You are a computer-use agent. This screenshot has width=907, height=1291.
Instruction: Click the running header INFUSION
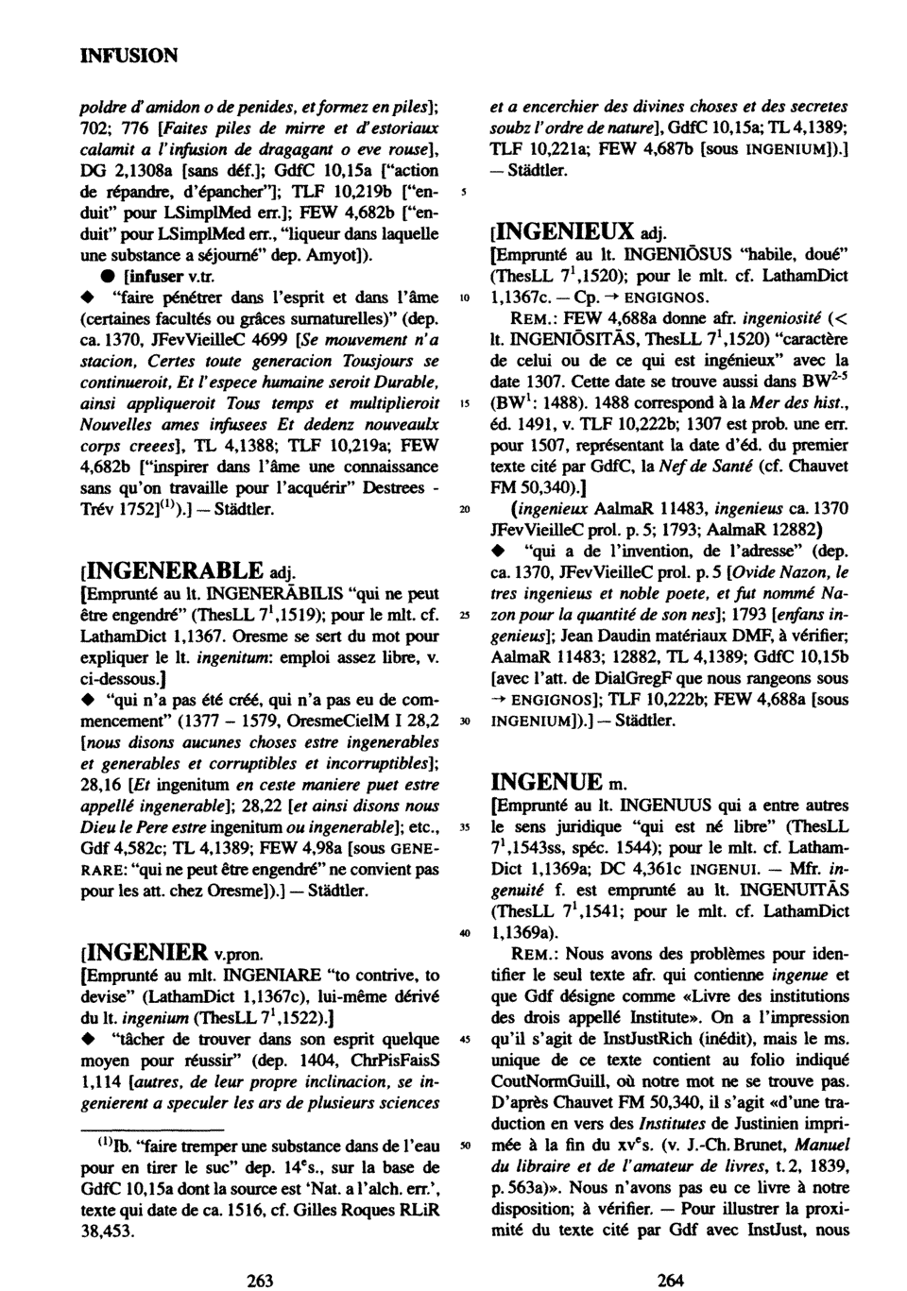click(128, 56)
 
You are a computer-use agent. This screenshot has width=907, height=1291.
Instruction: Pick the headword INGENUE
click(547, 781)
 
